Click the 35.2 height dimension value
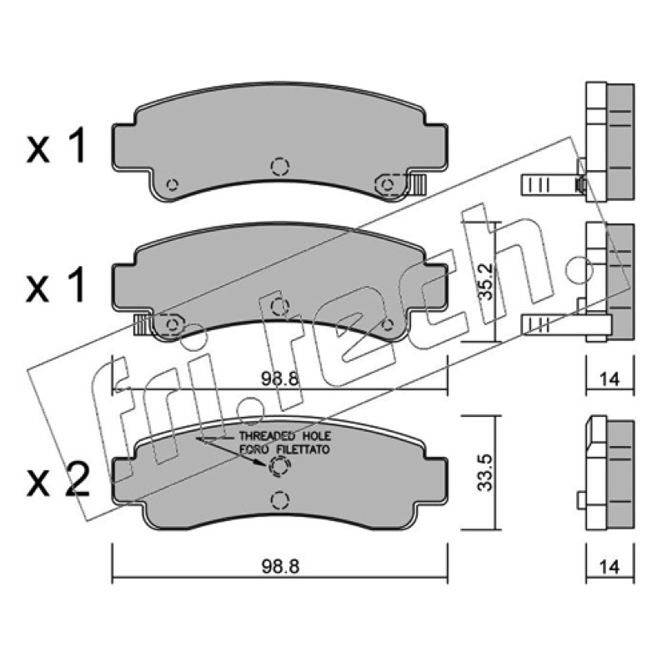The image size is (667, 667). pos(486,282)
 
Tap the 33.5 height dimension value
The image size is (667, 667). pos(485,473)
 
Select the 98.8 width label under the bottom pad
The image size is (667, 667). pos(280,567)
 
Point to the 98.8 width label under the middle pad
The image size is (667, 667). pos(280,379)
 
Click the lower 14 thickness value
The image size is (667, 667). pos(609,567)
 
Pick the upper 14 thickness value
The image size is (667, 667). pos(609,379)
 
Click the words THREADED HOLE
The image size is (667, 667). pos(284,436)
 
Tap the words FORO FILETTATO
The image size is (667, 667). pos(284,449)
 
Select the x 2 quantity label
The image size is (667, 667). pos(58,481)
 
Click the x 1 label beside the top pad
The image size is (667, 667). pos(56,148)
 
